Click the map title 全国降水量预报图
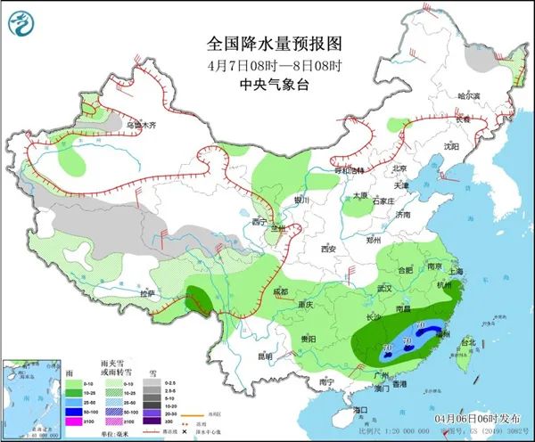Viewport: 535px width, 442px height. pos(275,43)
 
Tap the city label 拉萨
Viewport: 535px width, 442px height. pos(147,293)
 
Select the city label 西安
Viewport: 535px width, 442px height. pos(333,249)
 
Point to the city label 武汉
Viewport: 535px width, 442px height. pos(385,288)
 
